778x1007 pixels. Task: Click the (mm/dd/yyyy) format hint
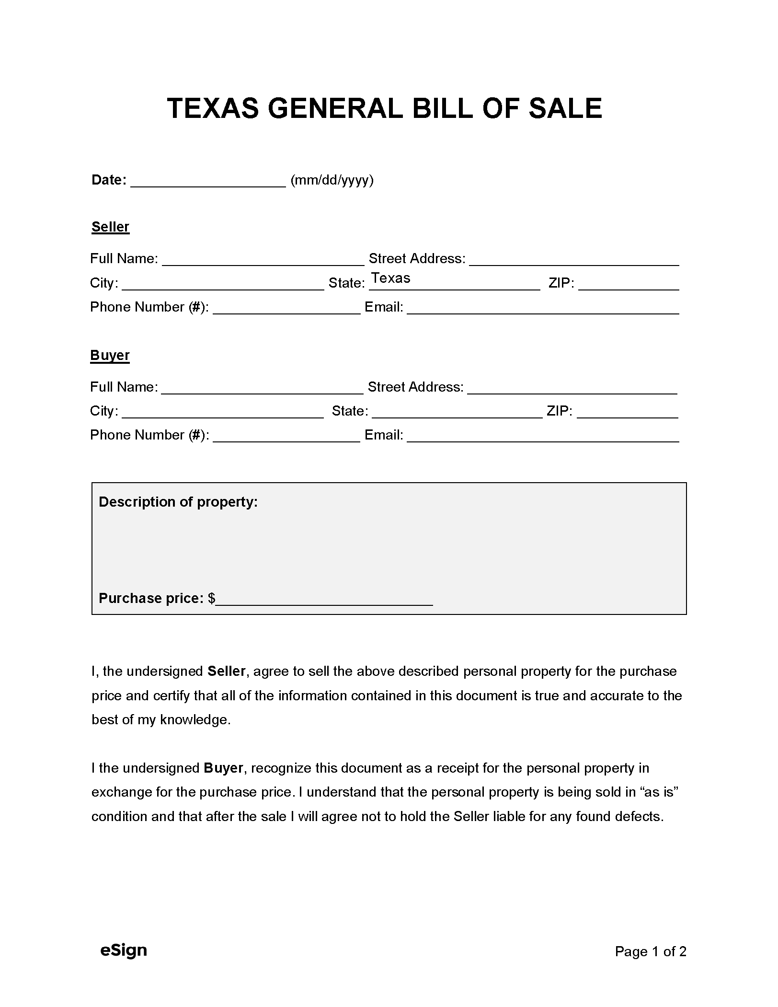tap(332, 180)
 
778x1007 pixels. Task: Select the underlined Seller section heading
tap(110, 227)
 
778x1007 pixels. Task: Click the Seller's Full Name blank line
tap(263, 260)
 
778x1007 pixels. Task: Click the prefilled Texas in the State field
tap(391, 278)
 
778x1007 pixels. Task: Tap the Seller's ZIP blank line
tap(629, 285)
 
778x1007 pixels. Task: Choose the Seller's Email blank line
tap(543, 309)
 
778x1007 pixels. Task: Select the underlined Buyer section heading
tap(110, 355)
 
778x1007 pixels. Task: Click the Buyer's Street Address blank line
tap(572, 389)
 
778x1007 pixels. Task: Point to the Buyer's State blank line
tap(457, 413)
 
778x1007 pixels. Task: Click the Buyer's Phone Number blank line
tap(286, 437)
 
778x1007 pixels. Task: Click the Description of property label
tap(178, 502)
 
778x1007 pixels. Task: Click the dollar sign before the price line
tap(211, 598)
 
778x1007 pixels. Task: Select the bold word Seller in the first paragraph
tap(227, 671)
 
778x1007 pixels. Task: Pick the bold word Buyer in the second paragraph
tap(223, 768)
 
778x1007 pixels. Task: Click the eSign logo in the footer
tap(124, 950)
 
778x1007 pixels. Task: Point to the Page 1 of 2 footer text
tap(651, 951)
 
